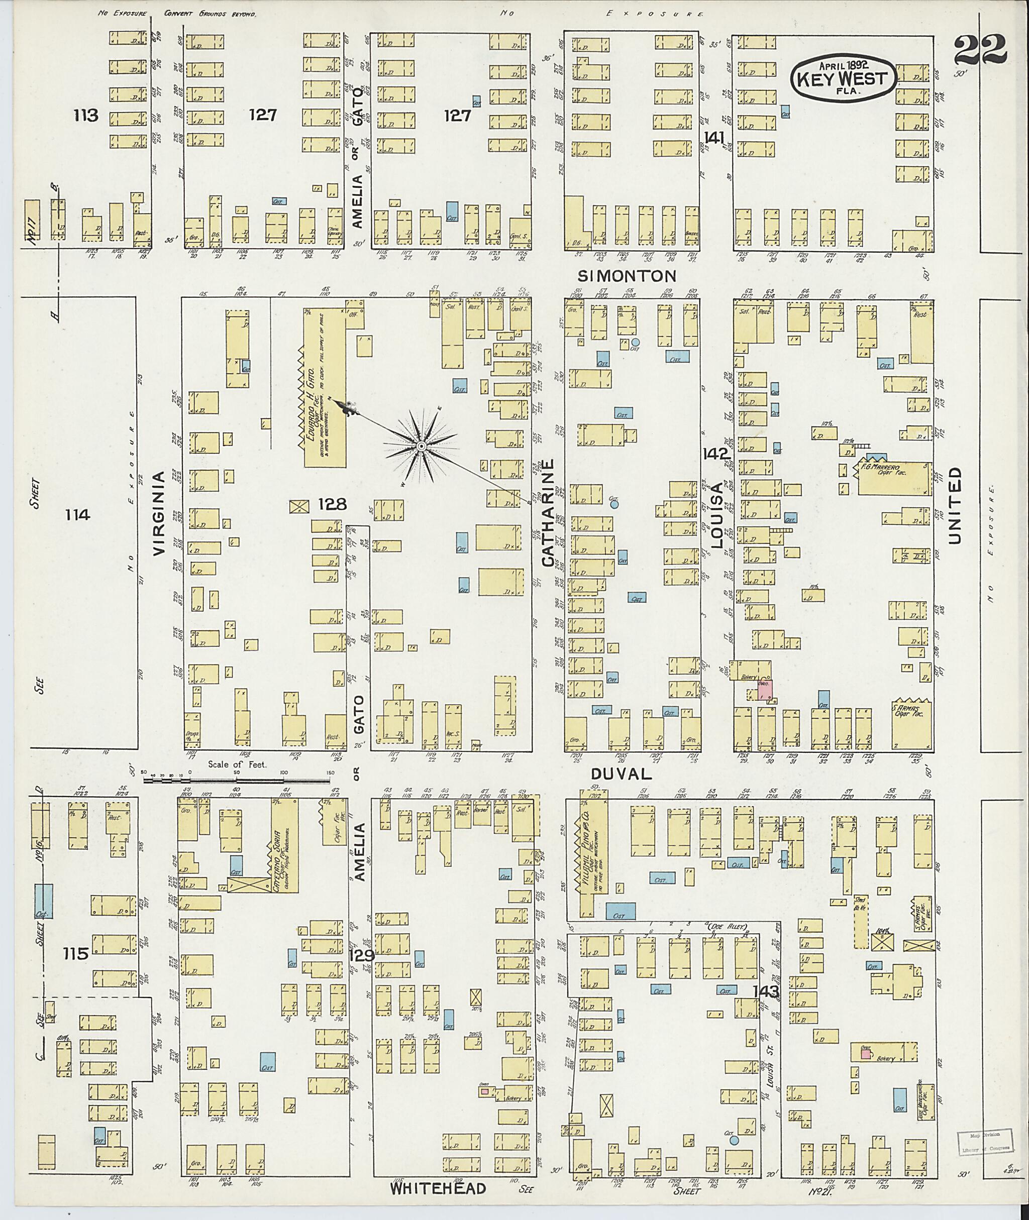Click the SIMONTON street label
(x=627, y=275)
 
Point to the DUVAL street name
(x=621, y=773)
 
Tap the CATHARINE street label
(x=547, y=513)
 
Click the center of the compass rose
(x=420, y=447)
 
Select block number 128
(x=333, y=504)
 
